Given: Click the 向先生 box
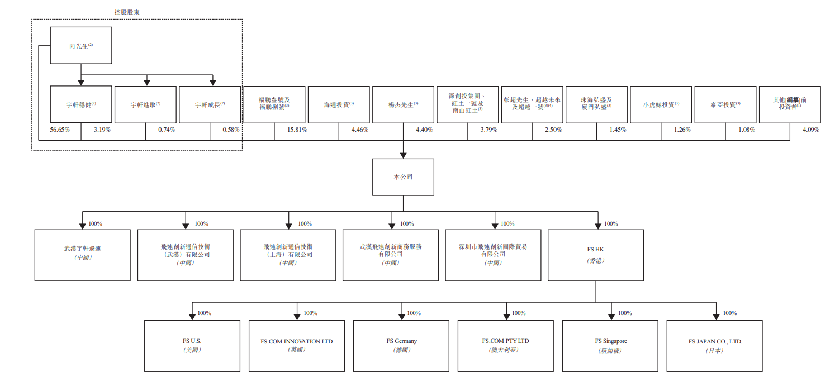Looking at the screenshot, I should coord(81,46).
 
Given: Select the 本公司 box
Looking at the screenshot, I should coord(403,177).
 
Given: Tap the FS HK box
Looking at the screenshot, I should coord(595,255).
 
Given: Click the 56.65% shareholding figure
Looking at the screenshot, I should coord(59,130).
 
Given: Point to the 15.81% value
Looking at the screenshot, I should coord(297,130).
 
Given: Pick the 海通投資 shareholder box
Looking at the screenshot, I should coord(339,104).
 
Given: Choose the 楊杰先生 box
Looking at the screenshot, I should coord(403,104).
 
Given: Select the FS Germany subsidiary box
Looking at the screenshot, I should coord(401,345).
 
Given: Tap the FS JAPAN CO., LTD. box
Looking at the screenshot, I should coord(715,345).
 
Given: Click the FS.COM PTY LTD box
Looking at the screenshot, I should coord(505,345).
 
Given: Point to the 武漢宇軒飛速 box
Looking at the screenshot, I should coord(82,255).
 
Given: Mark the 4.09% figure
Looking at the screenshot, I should coord(810,130).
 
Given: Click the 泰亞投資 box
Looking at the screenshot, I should coord(725,104).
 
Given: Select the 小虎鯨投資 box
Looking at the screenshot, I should coord(661,104).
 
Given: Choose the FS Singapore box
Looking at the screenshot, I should coord(610,345).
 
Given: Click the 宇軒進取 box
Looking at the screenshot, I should coord(145,104).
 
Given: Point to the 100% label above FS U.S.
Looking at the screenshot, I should coord(204,313).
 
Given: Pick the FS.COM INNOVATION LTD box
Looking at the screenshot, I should coord(296,345).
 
